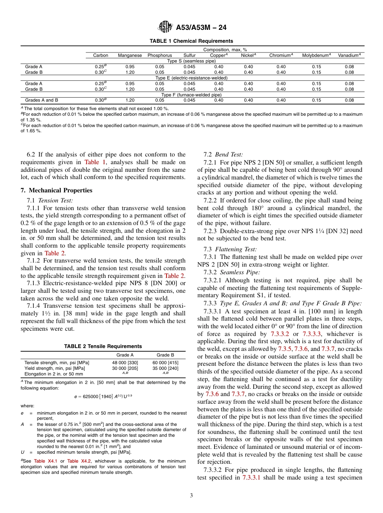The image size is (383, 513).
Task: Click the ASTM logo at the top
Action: pos(166,27)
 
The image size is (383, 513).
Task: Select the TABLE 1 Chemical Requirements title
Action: pos(191,41)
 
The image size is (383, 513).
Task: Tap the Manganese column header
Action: pos(129,55)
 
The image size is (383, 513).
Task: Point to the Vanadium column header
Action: pos(349,55)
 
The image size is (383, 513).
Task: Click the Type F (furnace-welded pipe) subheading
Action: pos(191,95)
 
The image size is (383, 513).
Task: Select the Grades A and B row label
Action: pos(42,100)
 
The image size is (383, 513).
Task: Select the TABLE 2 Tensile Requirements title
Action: pos(103,346)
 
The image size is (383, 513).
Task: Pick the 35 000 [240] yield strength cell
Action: pos(165,368)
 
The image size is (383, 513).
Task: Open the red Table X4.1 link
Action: pos(45,461)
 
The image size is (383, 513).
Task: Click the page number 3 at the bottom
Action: pos(191,496)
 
